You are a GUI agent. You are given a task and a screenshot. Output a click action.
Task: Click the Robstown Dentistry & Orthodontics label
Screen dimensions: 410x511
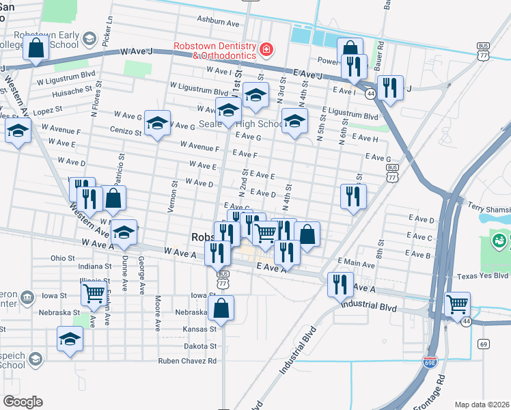click(x=215, y=50)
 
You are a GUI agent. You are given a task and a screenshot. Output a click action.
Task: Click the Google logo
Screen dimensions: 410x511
click(x=23, y=401)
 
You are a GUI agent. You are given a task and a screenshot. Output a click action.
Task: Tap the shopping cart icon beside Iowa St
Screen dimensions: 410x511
click(x=94, y=294)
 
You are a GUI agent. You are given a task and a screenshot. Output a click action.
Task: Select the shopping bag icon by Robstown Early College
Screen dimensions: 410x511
click(x=37, y=49)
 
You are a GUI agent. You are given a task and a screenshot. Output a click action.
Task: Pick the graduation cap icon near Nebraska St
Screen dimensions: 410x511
click(x=70, y=339)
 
